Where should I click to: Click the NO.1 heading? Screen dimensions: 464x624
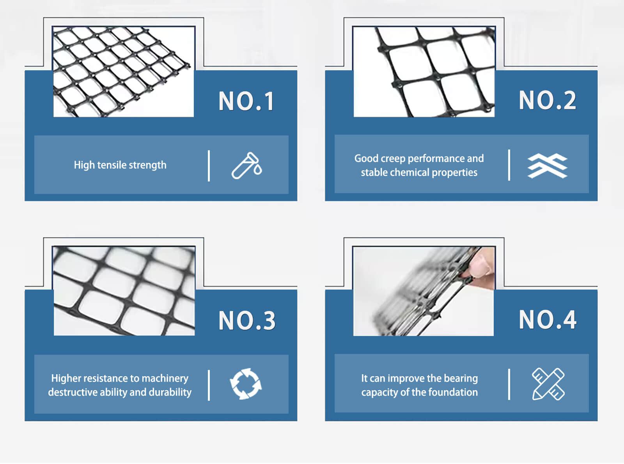tap(246, 101)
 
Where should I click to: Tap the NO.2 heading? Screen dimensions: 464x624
tap(547, 100)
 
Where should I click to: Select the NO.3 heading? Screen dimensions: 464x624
tap(247, 321)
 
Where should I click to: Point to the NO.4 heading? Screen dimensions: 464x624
tap(547, 320)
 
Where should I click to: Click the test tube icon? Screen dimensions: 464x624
tap(246, 165)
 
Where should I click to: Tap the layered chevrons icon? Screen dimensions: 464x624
tap(547, 165)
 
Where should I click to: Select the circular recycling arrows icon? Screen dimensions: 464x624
tap(246, 384)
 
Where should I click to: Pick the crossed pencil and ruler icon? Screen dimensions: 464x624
tap(548, 384)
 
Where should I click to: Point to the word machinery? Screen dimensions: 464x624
tap(165, 379)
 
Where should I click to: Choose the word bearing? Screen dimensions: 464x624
tap(461, 379)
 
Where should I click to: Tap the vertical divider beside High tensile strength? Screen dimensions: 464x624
tap(209, 166)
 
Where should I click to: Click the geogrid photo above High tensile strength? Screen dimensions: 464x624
tap(123, 71)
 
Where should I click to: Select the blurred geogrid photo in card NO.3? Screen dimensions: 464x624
tap(124, 291)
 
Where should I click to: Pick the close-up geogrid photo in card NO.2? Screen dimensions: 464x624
tap(424, 71)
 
